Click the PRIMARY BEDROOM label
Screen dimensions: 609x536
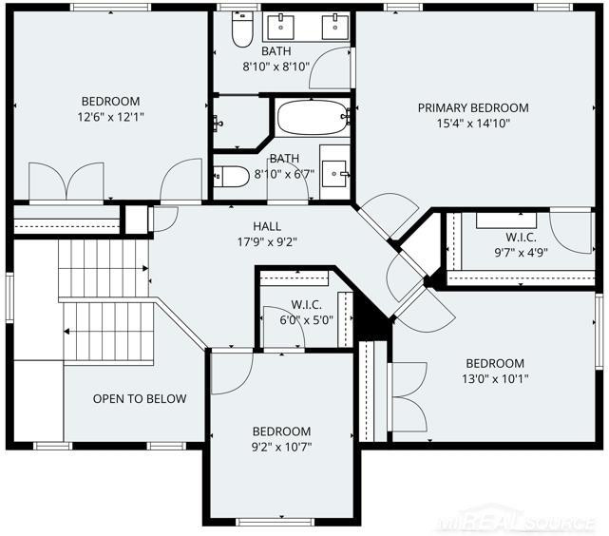pos(473,107)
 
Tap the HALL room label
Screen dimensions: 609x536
pos(267,226)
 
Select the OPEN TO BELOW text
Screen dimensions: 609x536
pos(140,398)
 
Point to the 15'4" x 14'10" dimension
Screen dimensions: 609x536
pos(473,124)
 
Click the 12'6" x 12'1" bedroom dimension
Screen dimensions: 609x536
pos(111,117)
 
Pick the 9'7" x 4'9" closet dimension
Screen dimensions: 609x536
pos(521,253)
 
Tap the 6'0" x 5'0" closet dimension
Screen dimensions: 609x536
pos(307,320)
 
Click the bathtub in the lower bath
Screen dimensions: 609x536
pos(313,117)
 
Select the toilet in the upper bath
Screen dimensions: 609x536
pos(242,29)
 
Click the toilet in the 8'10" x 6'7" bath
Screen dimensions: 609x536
pos(231,177)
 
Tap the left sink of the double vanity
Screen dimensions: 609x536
pos(280,27)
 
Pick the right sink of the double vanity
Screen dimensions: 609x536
pos(335,27)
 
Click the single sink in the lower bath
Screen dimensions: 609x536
pos(334,174)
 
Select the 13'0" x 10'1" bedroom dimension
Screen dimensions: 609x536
pos(495,378)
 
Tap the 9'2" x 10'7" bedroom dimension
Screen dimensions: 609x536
pos(281,447)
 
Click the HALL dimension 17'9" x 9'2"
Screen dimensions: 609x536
pos(267,242)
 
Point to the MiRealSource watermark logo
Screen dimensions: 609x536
pos(517,521)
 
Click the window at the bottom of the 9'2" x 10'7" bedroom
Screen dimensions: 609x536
pos(275,522)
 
